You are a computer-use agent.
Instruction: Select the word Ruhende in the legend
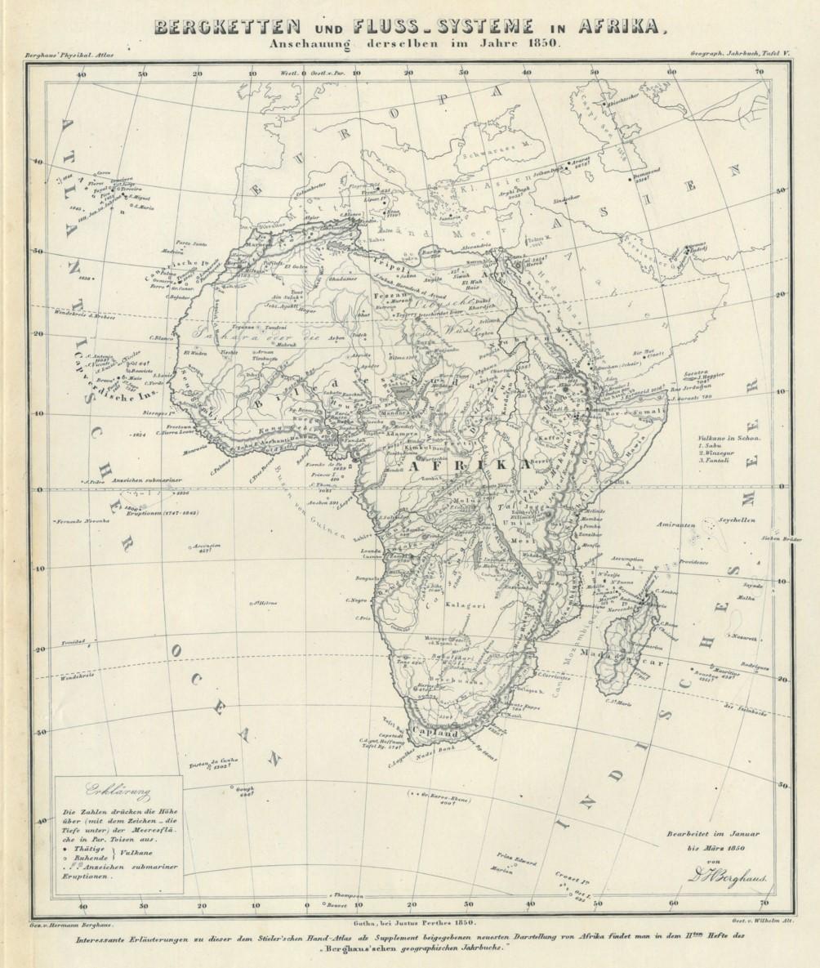[89, 859]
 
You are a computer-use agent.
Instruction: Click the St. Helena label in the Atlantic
[265, 603]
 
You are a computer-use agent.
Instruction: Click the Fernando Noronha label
[82, 521]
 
